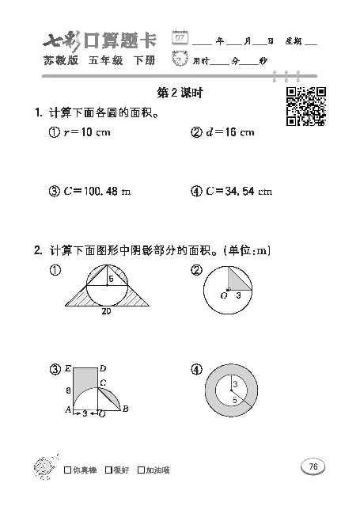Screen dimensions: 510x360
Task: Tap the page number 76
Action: [313, 466]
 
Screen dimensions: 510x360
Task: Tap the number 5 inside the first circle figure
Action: [112, 279]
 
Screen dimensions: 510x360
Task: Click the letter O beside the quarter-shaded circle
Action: [224, 295]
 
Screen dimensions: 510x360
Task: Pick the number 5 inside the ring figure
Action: [235, 401]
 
